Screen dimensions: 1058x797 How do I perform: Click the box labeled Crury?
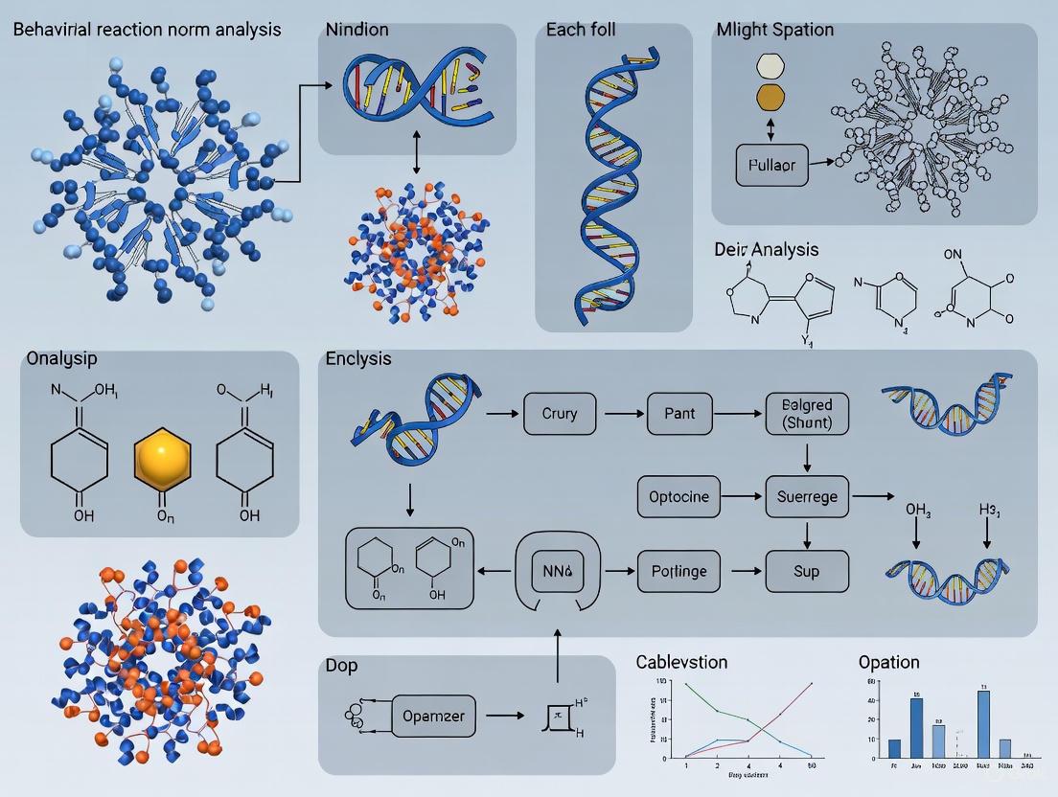(x=560, y=414)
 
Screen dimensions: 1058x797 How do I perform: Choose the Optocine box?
(x=679, y=496)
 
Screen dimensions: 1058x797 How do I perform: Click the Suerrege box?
(x=808, y=496)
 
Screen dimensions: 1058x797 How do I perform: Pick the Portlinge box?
(x=678, y=571)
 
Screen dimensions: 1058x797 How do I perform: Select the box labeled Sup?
(x=807, y=571)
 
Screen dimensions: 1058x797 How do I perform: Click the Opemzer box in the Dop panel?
(x=434, y=715)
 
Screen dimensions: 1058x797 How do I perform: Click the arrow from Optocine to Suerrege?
(x=744, y=496)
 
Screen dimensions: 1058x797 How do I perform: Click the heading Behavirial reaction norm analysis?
(x=148, y=30)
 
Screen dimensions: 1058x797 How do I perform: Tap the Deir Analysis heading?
(x=767, y=249)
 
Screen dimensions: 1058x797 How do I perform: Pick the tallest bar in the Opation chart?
(x=983, y=724)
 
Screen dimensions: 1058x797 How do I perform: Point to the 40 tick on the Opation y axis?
(x=871, y=700)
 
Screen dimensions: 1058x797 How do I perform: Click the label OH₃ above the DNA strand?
(x=918, y=509)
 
